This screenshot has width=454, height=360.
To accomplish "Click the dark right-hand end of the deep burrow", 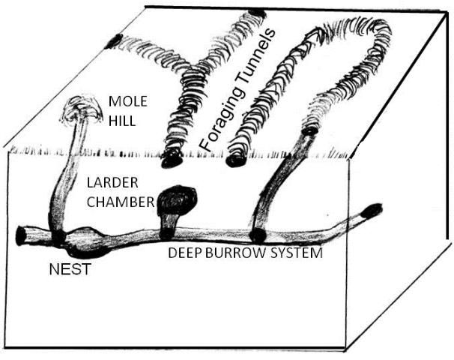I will point(371,210).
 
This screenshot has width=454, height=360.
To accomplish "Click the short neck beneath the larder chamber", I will point(169,223).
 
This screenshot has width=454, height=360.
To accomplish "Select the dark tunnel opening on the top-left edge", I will point(115,40).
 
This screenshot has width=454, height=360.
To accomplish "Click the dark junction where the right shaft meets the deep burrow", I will point(257,234).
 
